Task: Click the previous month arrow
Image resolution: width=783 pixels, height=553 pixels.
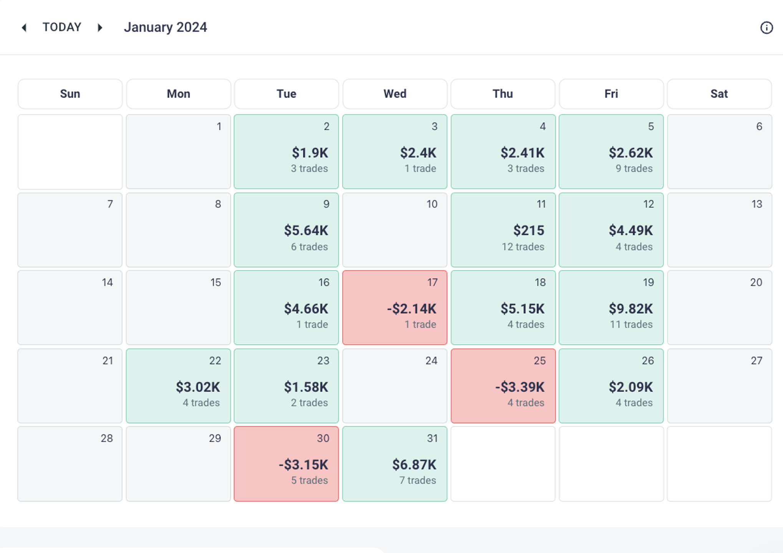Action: pos(24,28)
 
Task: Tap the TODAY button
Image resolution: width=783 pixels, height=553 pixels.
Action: pos(62,27)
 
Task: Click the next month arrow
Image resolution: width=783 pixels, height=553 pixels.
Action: pos(100,28)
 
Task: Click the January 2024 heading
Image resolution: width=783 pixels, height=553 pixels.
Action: pos(165,27)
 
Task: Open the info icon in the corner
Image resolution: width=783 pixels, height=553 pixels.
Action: pos(766,28)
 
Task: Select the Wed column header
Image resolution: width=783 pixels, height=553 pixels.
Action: pos(395,94)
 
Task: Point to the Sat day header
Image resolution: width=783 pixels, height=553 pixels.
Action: pos(719,94)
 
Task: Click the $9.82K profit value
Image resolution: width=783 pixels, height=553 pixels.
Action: pos(631,308)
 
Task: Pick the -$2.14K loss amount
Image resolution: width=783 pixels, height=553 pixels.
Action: pos(411,308)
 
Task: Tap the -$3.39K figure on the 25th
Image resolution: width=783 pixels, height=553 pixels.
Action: pos(520,387)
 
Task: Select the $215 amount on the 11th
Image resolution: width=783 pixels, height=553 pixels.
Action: pos(529,230)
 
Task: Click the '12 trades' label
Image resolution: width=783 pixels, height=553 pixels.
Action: pos(523,247)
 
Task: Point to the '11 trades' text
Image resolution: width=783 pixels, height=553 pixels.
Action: pos(631,325)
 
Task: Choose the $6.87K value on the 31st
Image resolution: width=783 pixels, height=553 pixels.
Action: pos(414,465)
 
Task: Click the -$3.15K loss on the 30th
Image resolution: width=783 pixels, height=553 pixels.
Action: pos(303,465)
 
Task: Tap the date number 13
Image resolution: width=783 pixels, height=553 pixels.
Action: pos(757,204)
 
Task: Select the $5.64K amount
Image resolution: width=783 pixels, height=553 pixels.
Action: pos(306,230)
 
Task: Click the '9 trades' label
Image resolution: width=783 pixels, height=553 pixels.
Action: pos(634,169)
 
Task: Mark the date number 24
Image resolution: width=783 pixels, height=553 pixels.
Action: pos(431,361)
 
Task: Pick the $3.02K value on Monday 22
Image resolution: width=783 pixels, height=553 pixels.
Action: pos(198,387)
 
